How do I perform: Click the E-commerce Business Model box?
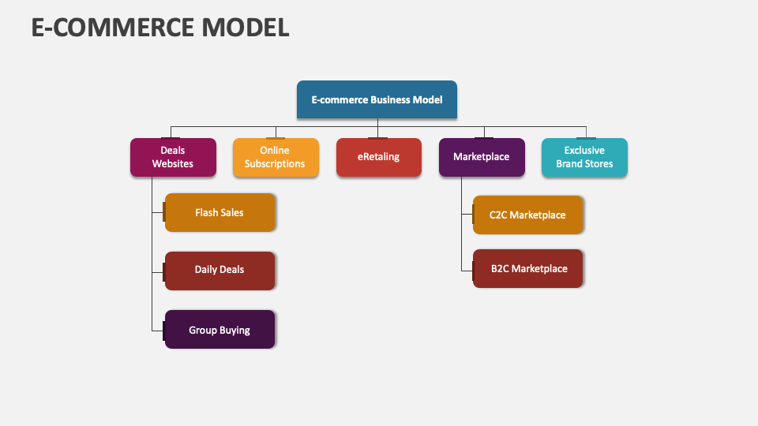(x=377, y=99)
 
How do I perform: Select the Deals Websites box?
(x=173, y=157)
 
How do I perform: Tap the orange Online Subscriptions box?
(x=276, y=157)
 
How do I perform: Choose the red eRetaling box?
(x=378, y=157)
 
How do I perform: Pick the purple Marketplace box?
(x=481, y=157)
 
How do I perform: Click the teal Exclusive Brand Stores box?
(x=584, y=157)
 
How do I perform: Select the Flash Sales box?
(x=220, y=212)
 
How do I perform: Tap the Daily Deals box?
(x=220, y=270)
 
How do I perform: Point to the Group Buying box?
(x=220, y=330)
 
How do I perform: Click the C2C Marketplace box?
(x=527, y=215)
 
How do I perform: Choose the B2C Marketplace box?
(x=528, y=268)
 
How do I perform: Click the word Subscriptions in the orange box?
(x=275, y=164)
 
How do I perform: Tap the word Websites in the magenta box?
(x=173, y=164)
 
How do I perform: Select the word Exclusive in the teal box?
(x=584, y=150)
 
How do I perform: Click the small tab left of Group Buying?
(x=163, y=330)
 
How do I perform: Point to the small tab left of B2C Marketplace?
(x=471, y=268)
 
